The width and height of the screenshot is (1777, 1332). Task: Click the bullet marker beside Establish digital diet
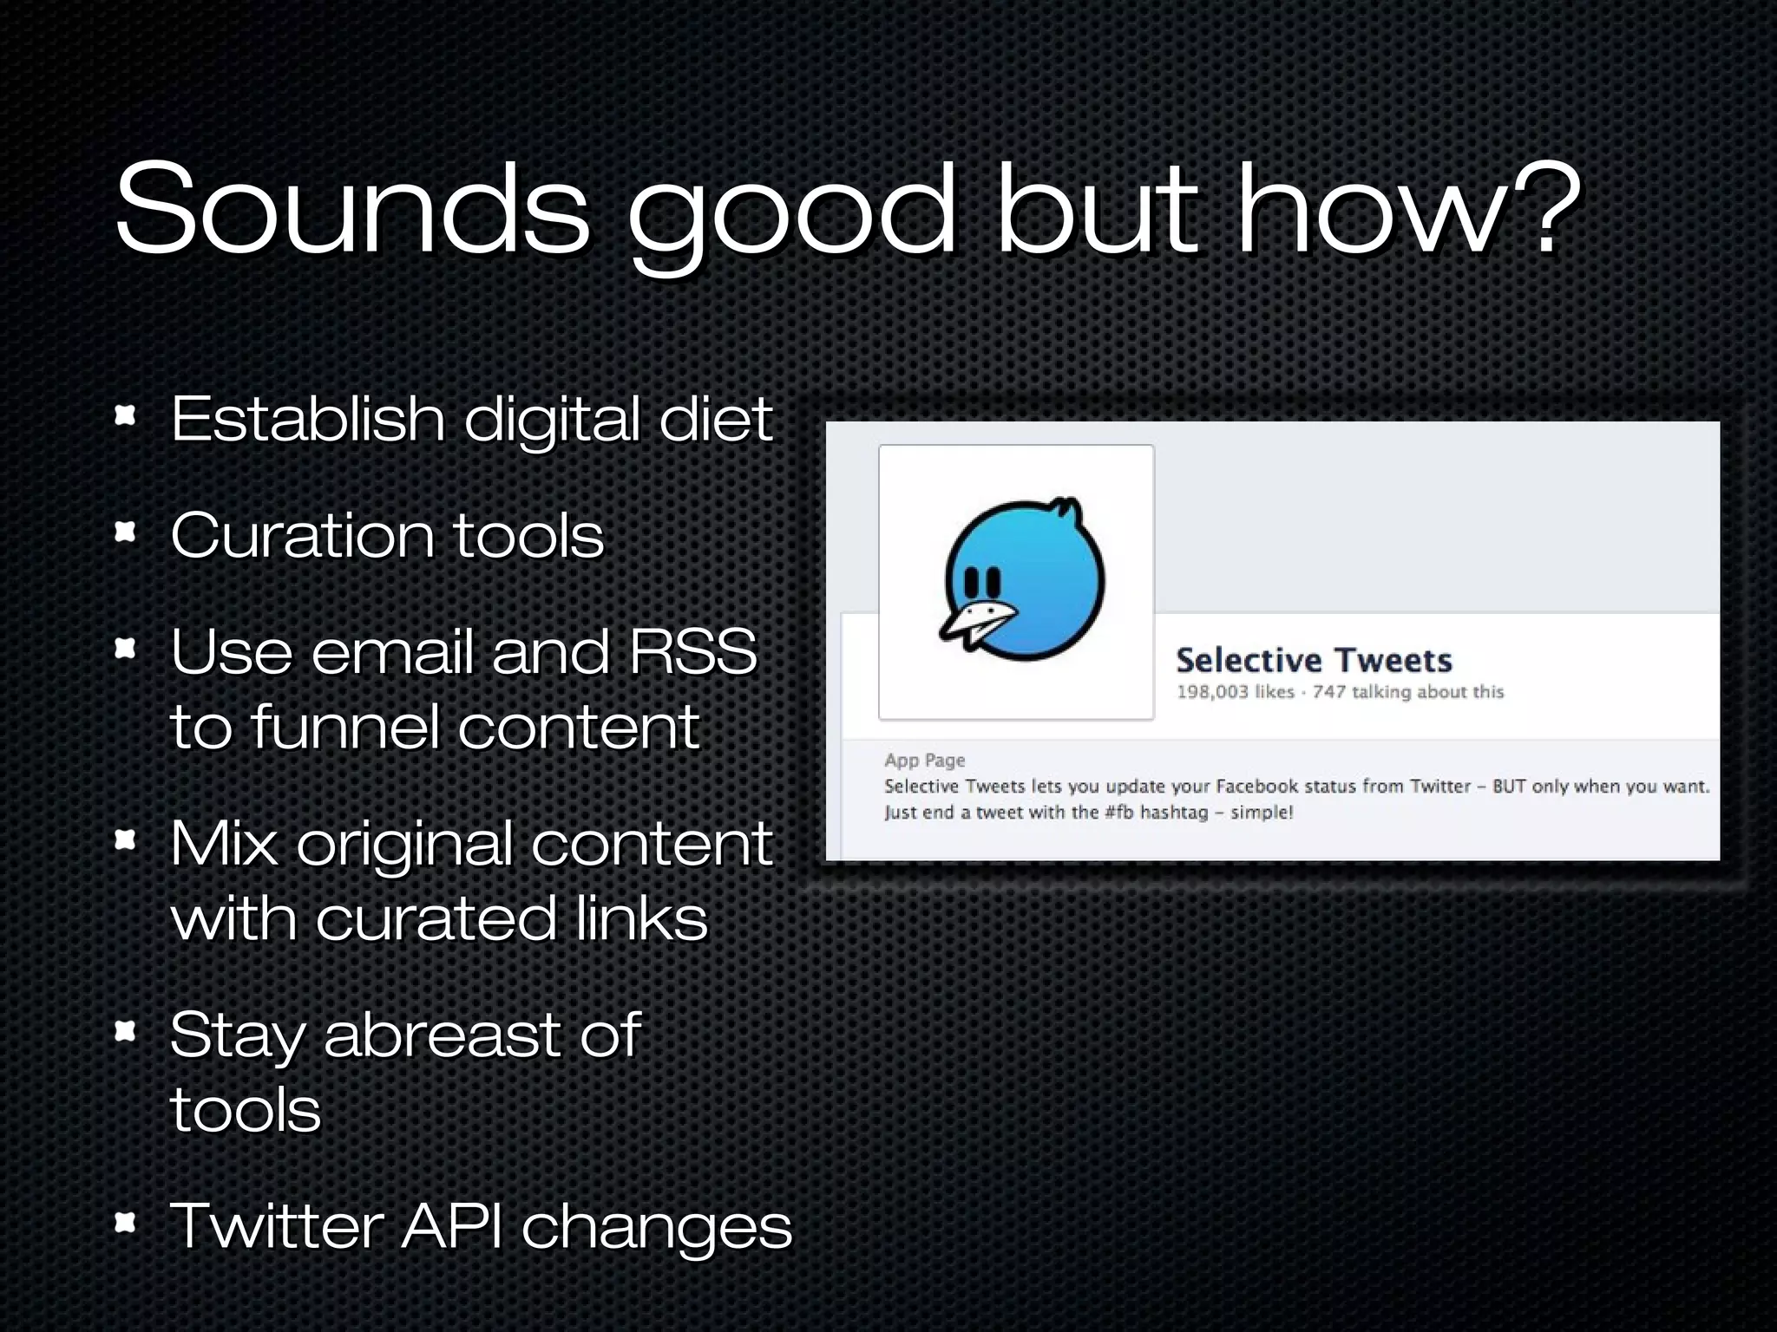[126, 416]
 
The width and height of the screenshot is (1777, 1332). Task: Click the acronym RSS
[693, 651]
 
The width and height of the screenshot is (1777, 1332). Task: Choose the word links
[641, 918]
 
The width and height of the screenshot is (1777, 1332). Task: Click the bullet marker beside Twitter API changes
[126, 1223]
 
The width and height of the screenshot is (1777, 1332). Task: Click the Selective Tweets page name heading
[1314, 661]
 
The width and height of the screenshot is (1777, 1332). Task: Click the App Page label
[924, 761]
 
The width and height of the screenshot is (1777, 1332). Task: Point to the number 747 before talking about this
[1328, 692]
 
